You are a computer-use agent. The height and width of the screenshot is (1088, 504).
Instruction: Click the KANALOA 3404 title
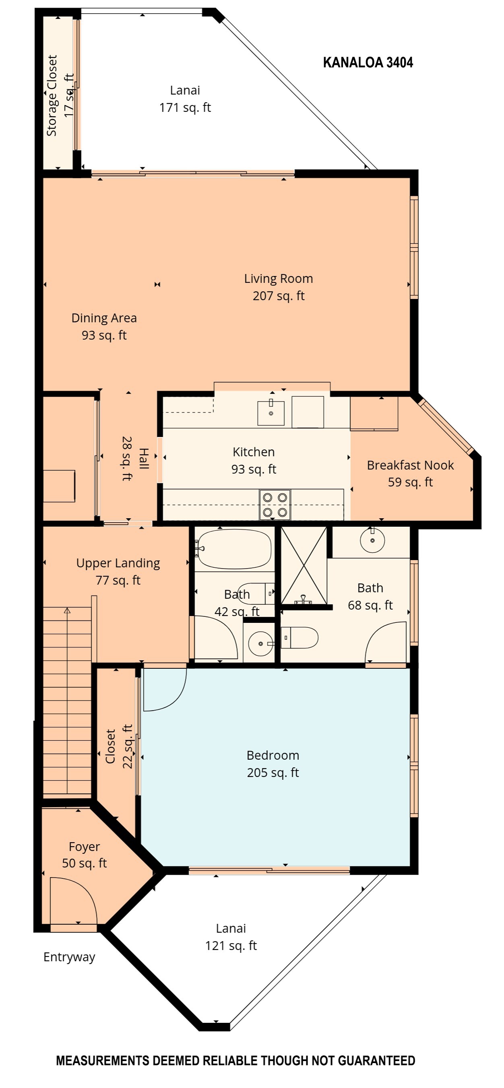(x=368, y=62)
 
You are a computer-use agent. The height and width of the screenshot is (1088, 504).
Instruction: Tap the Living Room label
(x=279, y=287)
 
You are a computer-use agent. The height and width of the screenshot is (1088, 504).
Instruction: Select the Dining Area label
(x=104, y=326)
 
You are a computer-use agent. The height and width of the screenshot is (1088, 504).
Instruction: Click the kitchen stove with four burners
(x=275, y=504)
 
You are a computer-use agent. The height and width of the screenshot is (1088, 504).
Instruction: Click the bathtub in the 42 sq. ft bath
(x=234, y=549)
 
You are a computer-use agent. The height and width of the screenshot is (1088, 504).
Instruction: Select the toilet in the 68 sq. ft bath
(x=300, y=638)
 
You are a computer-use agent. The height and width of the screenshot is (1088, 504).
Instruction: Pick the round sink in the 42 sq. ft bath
(x=261, y=644)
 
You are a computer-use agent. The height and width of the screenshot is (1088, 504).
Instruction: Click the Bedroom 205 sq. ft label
(x=273, y=764)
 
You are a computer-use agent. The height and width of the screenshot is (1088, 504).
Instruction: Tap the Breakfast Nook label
(x=410, y=474)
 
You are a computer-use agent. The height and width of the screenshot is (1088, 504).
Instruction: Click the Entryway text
(x=69, y=957)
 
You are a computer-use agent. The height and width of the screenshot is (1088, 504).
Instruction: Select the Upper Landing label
(x=118, y=571)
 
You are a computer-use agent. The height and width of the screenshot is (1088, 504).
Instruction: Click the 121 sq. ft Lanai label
(x=231, y=937)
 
